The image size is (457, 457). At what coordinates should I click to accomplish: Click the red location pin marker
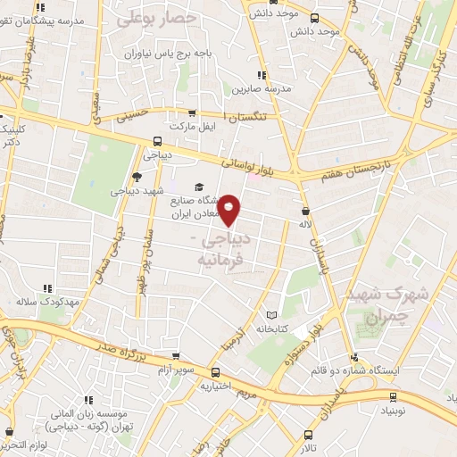tap(230, 210)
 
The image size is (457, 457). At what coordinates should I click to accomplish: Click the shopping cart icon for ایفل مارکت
tap(191, 113)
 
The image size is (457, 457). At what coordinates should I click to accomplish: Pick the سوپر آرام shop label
tap(177, 367)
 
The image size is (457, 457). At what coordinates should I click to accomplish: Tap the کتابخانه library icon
tap(272, 314)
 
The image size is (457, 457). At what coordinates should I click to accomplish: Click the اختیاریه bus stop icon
tap(215, 372)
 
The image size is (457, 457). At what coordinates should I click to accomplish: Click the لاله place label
tap(304, 223)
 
